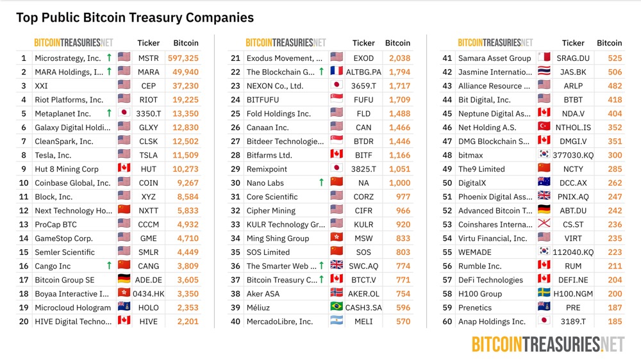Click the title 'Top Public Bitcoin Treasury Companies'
click(x=135, y=17)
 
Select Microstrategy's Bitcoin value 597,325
click(x=183, y=58)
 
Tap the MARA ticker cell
click(x=149, y=72)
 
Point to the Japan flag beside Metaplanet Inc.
click(x=124, y=114)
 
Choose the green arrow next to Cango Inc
click(x=109, y=266)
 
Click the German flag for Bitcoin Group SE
click(x=124, y=280)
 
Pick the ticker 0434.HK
click(x=149, y=294)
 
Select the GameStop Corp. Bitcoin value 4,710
click(x=186, y=238)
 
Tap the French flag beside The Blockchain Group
click(x=337, y=72)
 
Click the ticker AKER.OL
click(x=363, y=294)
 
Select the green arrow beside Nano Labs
click(x=321, y=183)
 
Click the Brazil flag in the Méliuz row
click(x=337, y=307)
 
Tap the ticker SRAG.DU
click(x=573, y=58)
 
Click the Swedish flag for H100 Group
click(x=544, y=294)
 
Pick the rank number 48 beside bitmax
click(x=447, y=156)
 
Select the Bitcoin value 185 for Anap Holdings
click(x=614, y=322)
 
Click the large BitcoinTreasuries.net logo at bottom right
click(x=548, y=345)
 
